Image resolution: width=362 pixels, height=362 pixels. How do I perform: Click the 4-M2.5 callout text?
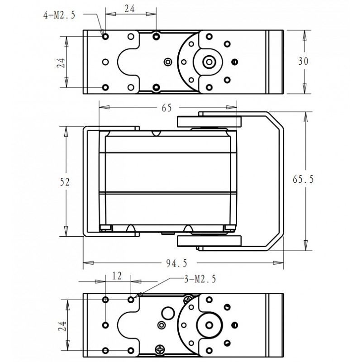point(59,15)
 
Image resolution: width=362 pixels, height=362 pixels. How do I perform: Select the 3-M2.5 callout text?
point(200,279)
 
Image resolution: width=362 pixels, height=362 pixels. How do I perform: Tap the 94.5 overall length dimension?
point(176,263)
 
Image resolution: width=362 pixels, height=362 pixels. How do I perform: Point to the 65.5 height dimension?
point(303,179)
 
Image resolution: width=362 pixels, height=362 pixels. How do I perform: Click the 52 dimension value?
point(65,182)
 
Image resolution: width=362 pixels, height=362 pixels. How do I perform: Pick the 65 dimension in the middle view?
point(167,108)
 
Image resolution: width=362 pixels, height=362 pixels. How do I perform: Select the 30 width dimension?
point(303,62)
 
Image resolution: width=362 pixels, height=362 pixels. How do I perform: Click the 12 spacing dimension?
point(117,276)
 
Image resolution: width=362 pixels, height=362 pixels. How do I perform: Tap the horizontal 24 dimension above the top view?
point(130,9)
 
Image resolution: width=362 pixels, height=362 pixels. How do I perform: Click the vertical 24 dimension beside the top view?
point(61,63)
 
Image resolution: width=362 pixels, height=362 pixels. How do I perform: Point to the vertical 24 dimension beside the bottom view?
point(62,326)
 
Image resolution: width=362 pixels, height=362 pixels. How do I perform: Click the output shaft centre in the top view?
point(209,62)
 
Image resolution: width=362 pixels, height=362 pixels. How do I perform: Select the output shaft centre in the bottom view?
point(209,325)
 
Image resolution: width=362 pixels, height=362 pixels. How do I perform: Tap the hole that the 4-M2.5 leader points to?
point(105,36)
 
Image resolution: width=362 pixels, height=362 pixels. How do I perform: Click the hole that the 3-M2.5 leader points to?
point(131,300)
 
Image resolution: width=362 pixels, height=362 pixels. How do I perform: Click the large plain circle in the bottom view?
point(168,313)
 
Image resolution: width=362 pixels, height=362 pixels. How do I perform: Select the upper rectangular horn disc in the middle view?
point(209,122)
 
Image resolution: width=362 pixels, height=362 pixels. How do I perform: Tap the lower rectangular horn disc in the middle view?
point(209,241)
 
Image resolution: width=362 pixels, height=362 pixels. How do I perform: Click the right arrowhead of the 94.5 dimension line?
point(278,263)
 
